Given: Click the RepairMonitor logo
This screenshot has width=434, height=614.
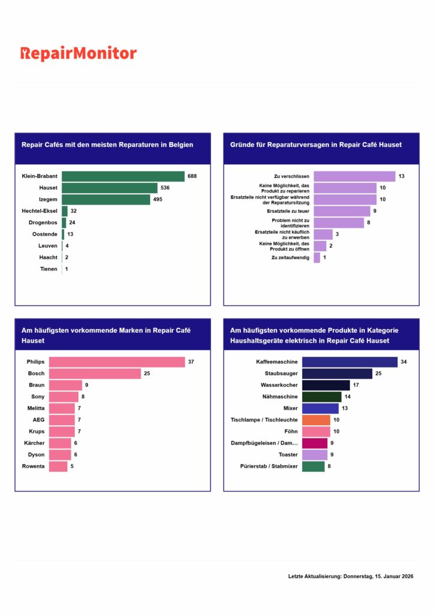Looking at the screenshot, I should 79,54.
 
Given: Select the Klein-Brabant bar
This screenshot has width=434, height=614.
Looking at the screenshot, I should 123,176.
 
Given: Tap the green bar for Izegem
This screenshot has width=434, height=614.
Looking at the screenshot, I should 106,200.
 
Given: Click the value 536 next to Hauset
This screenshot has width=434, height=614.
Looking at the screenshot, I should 165,188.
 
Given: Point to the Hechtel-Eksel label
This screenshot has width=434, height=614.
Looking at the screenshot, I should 40,211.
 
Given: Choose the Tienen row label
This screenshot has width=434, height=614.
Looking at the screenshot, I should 49,269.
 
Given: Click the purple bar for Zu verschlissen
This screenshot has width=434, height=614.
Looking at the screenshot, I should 354,176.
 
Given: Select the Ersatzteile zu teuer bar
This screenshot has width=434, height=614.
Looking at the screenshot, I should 342,211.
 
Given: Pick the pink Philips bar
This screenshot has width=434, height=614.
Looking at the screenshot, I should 117,362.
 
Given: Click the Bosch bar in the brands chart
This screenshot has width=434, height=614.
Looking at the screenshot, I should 95,374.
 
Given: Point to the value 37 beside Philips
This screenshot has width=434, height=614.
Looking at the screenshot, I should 191,362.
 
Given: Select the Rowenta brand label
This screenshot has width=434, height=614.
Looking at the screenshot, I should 34,466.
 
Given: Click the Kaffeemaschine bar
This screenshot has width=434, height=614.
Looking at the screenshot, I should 349,362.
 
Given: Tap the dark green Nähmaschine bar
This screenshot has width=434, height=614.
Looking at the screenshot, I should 321,396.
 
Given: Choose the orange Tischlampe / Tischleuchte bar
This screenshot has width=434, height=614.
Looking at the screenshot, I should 316,420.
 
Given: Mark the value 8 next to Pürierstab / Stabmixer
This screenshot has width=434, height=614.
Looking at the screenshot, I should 329,466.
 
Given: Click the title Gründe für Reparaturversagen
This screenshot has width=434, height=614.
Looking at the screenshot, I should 316,145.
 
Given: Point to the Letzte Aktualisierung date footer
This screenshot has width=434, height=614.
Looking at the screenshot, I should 351,576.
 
